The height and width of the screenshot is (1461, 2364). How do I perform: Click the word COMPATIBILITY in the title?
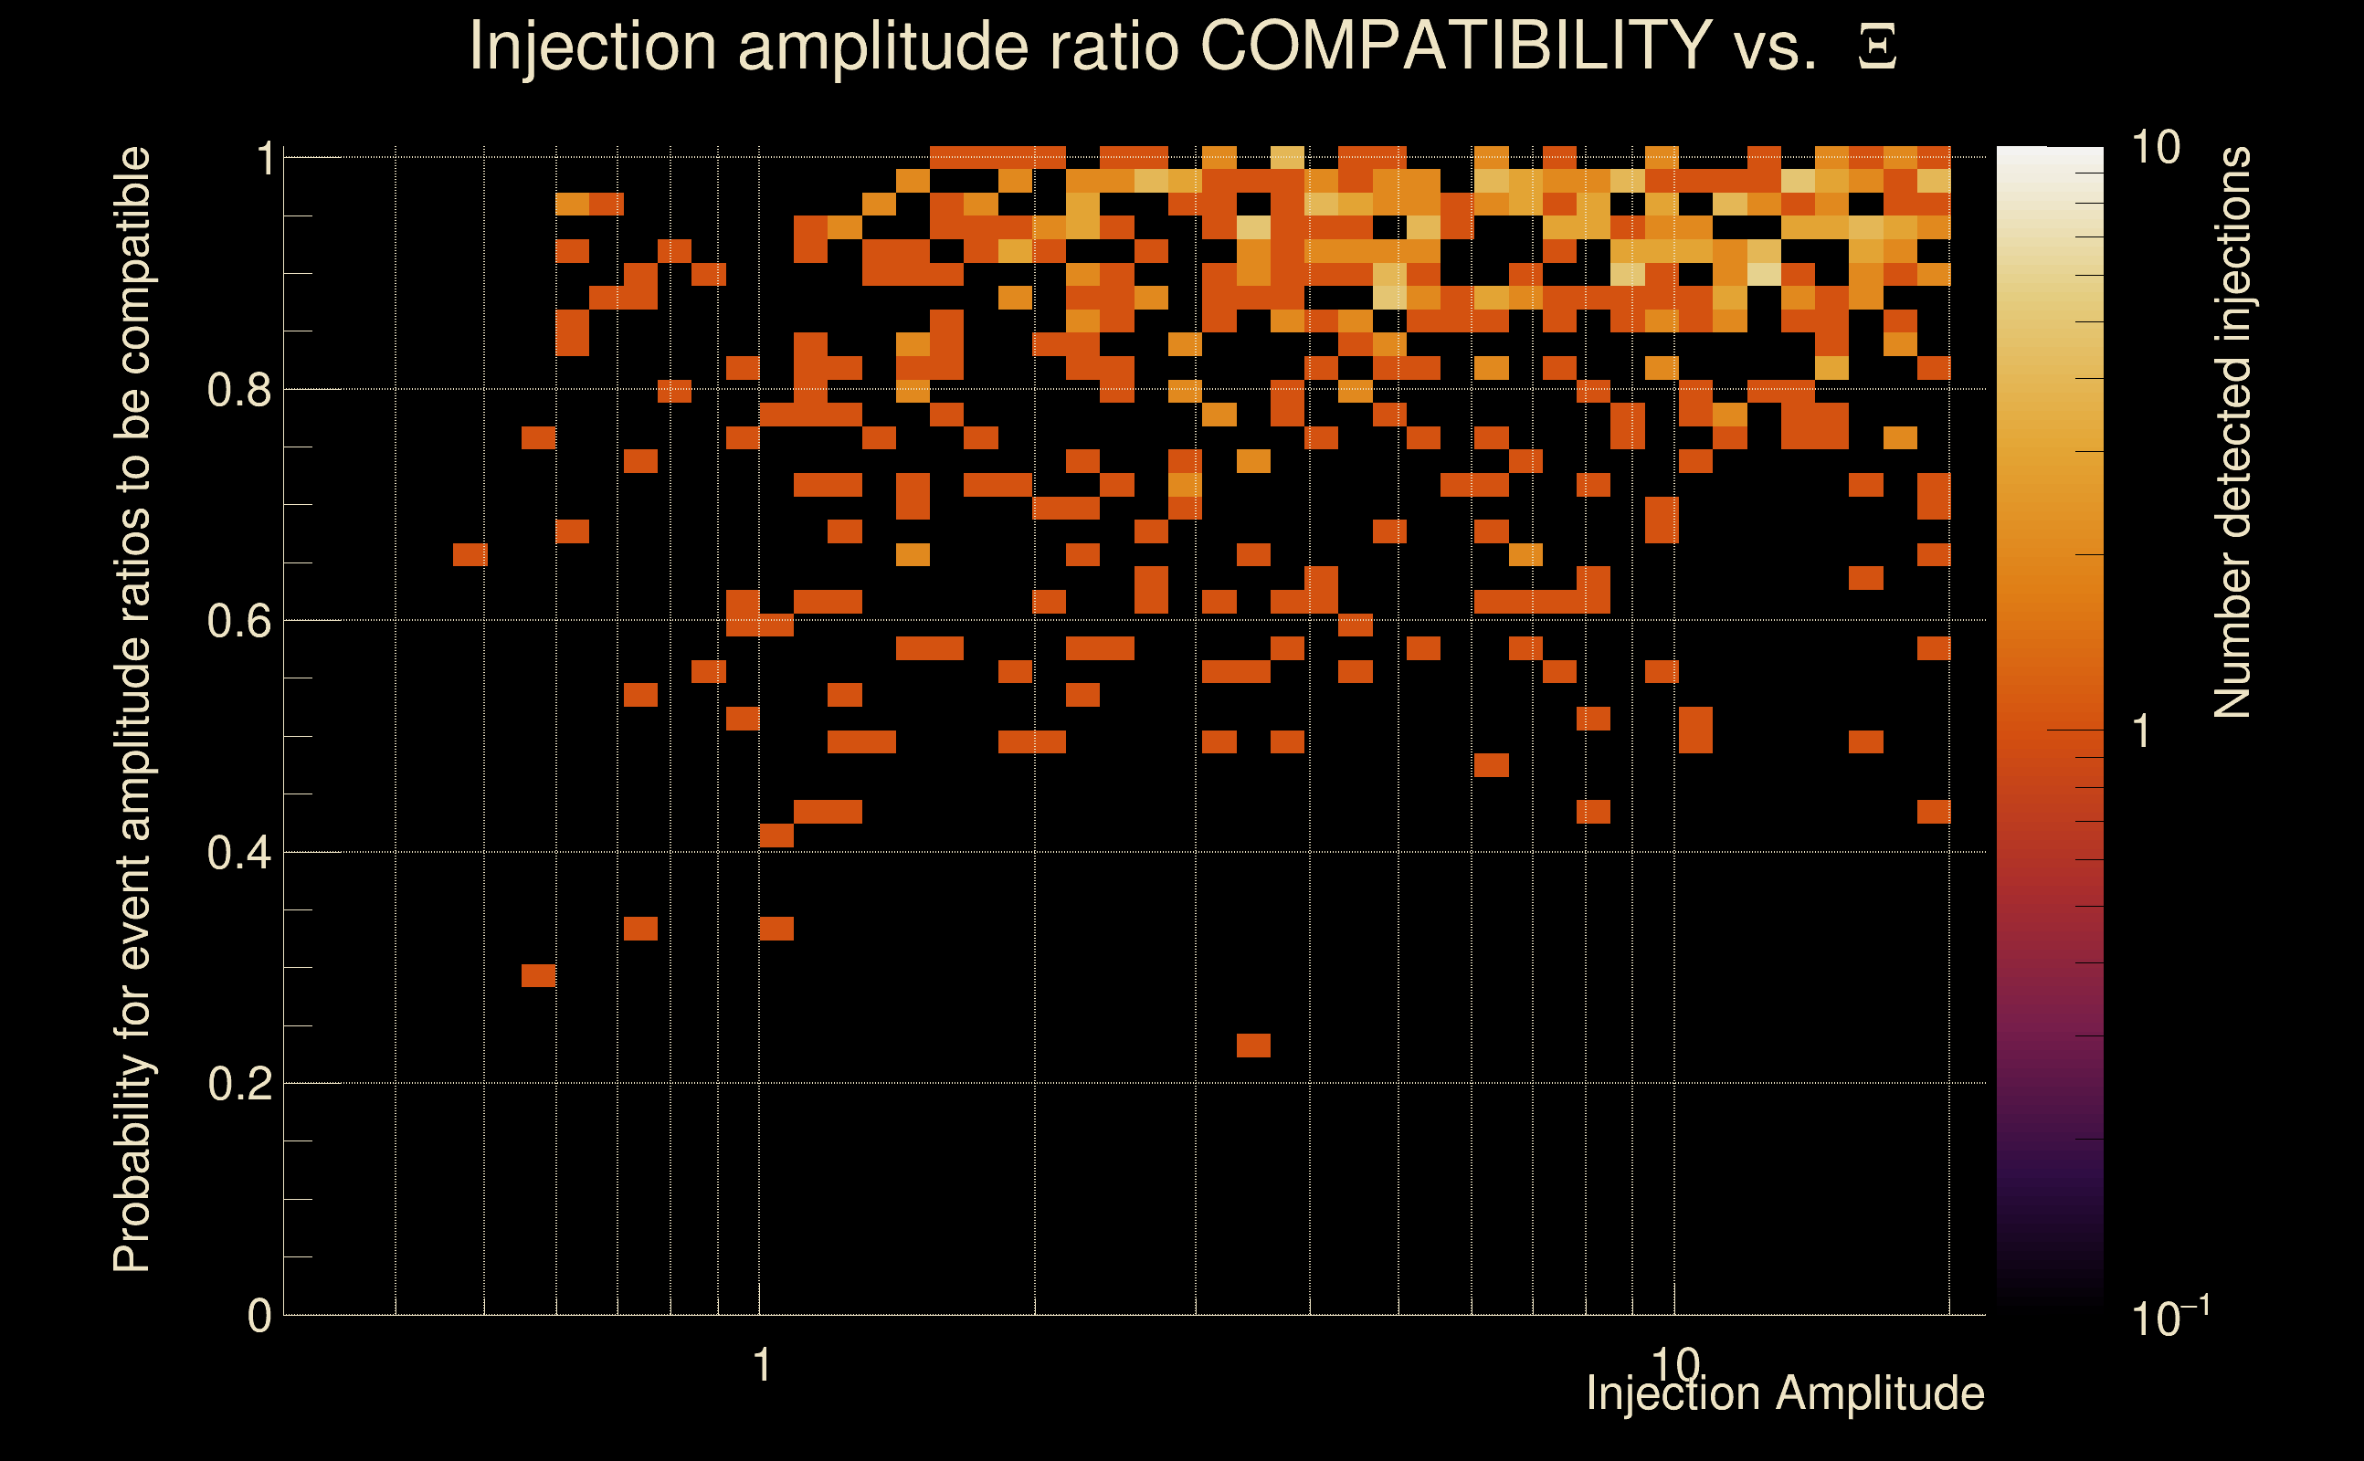click(x=1455, y=46)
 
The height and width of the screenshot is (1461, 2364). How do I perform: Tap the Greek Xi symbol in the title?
click(x=1877, y=47)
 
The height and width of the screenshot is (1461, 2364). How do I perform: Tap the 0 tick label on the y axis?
click(x=259, y=1316)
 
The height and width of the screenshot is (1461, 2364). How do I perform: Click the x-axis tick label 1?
click(x=762, y=1365)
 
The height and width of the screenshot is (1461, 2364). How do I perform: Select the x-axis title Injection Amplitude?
click(x=1785, y=1393)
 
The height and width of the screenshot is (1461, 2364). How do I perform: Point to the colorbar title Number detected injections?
click(x=2232, y=432)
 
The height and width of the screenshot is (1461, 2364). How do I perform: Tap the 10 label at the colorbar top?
click(x=2155, y=148)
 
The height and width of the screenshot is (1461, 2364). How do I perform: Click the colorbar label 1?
click(x=2142, y=731)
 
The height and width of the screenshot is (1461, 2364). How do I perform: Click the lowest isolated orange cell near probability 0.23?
click(x=1253, y=1046)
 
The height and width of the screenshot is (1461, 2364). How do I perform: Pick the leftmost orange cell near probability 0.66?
click(x=470, y=554)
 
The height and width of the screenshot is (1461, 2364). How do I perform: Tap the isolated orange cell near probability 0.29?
click(x=538, y=976)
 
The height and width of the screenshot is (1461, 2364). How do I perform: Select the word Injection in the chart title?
click(x=593, y=46)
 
